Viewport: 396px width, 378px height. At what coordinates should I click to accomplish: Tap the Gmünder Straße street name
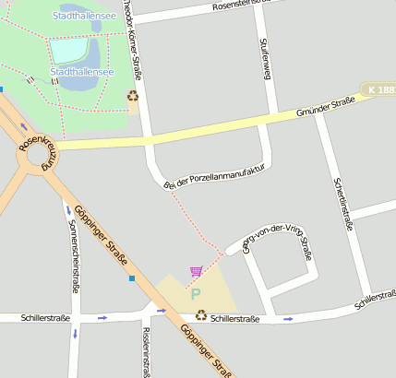coord(326,112)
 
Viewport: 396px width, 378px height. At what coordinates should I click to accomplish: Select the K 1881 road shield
coord(379,89)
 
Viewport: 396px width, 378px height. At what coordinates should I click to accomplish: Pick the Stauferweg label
coord(265,58)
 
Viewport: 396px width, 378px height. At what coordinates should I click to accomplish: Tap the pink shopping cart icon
coord(196,271)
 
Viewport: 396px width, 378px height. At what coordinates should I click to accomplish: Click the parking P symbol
coord(195,294)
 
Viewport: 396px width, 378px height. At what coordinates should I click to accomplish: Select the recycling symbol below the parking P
coord(200,315)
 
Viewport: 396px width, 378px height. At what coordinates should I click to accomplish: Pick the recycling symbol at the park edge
coord(133,95)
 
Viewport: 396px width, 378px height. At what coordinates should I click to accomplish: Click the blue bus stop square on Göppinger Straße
coord(132,278)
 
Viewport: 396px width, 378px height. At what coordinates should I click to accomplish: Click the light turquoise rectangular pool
coord(68,50)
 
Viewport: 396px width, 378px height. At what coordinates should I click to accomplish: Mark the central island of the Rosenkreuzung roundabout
coord(40,157)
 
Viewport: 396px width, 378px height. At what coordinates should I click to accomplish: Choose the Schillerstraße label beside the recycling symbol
coord(234,318)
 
